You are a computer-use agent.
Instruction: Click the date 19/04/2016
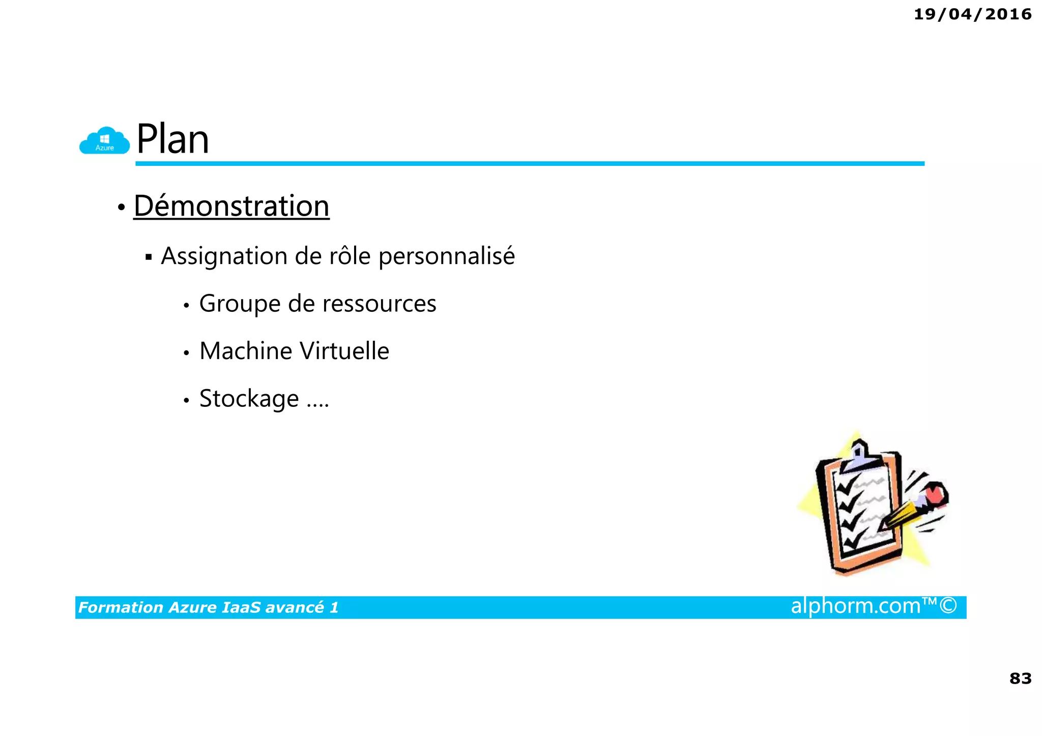click(972, 14)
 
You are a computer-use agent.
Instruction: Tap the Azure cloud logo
click(105, 141)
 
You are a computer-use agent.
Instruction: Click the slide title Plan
click(172, 139)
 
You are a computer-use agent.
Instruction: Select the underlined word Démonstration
click(231, 206)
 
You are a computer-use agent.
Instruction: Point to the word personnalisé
click(447, 256)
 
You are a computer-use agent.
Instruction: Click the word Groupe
click(240, 304)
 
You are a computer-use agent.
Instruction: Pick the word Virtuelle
click(344, 351)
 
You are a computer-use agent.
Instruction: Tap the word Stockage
click(249, 399)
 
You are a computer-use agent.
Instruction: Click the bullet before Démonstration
click(121, 207)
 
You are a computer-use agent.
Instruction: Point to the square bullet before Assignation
click(149, 256)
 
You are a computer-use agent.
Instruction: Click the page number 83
click(1020, 678)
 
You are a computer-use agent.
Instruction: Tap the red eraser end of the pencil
click(936, 493)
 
